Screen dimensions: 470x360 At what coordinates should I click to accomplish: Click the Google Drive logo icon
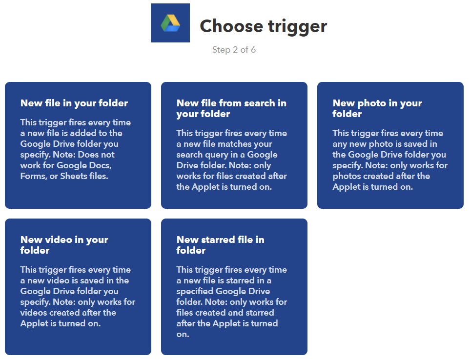click(170, 23)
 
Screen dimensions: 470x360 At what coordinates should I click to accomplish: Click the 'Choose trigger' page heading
click(263, 26)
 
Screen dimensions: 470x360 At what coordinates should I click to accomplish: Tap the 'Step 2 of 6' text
click(234, 50)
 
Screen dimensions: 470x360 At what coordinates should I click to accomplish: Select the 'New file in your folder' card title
click(74, 103)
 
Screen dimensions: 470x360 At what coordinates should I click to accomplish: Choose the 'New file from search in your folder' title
click(231, 108)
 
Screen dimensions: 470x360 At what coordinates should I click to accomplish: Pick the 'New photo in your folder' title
click(377, 108)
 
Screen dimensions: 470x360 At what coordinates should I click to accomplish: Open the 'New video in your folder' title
click(64, 245)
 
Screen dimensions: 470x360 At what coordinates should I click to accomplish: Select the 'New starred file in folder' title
click(220, 245)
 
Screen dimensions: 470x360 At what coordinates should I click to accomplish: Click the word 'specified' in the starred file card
click(195, 291)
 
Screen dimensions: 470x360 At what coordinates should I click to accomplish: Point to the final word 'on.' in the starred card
click(183, 335)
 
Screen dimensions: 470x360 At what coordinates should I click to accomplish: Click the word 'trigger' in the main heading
click(297, 27)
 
